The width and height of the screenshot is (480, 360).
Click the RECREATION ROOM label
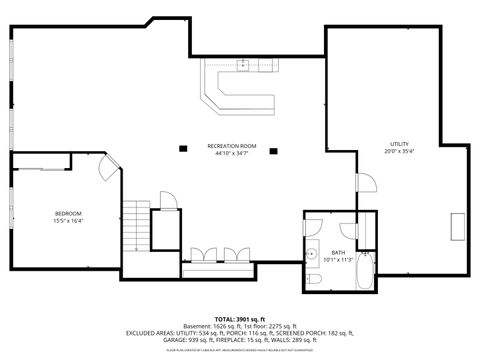click(232, 146)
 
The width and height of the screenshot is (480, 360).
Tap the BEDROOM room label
click(68, 213)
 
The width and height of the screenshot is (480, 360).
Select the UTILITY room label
click(399, 144)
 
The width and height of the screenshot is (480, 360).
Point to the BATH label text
click(338, 252)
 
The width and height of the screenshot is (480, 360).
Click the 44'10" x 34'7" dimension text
click(232, 154)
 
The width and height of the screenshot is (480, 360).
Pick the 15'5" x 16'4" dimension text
click(68, 221)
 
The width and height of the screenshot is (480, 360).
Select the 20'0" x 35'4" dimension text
click(399, 152)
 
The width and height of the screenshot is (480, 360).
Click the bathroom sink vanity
click(311, 249)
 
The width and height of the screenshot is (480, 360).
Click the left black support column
click(183, 149)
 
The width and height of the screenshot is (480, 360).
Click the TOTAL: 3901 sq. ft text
click(240, 318)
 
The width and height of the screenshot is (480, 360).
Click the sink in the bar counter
click(243, 65)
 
